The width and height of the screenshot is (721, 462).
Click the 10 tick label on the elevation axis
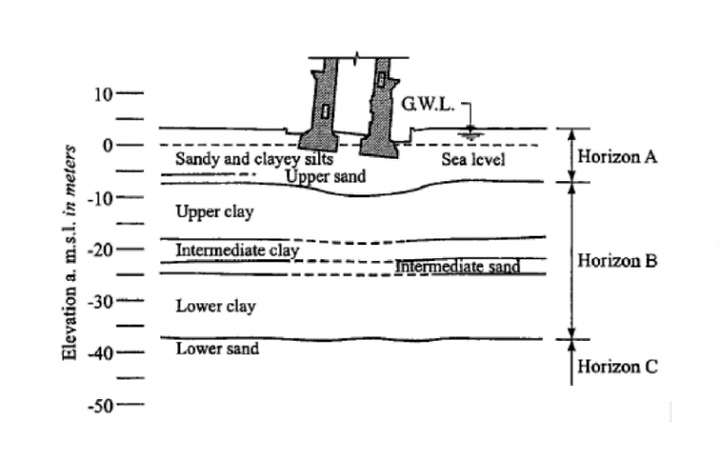tap(103, 94)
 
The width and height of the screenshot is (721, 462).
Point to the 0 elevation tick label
tap(108, 146)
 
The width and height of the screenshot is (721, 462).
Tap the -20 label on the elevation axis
tap(100, 251)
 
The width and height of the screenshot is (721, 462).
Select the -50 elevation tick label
tap(100, 407)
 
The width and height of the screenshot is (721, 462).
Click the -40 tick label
tap(100, 354)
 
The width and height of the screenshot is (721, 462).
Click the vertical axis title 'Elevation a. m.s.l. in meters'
tap(69, 253)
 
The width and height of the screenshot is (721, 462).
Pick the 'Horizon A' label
tap(617, 157)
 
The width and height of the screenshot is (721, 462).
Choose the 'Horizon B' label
tap(617, 261)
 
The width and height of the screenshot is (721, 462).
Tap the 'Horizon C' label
tap(618, 367)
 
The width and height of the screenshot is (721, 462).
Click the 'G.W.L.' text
tap(428, 104)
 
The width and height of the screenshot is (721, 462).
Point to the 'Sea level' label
tap(473, 160)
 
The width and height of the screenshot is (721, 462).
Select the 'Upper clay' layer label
tap(215, 212)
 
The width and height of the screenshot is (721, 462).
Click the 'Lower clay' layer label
tap(216, 306)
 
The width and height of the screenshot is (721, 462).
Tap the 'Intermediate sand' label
tap(457, 267)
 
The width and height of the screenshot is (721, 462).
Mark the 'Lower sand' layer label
tap(218, 348)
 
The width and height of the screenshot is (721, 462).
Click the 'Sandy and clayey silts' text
tap(254, 160)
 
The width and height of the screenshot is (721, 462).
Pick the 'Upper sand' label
tap(326, 177)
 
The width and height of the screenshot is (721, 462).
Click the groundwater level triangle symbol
tap(470, 130)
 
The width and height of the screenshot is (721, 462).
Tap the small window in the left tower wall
tap(325, 112)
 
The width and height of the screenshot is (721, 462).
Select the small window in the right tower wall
tap(381, 79)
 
